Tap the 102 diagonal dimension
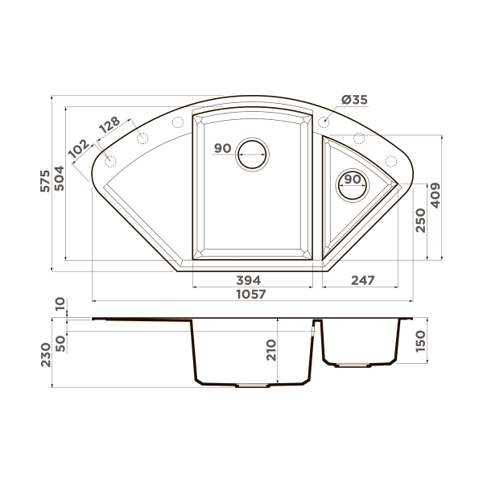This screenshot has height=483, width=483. (80, 150)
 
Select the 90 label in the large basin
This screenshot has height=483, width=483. (223, 148)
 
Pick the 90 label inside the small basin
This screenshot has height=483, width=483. (352, 179)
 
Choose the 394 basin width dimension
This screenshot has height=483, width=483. (248, 280)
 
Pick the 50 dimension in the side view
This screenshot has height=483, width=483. (60, 341)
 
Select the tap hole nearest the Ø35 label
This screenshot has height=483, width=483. (324, 122)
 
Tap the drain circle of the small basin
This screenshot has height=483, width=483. (352, 185)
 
